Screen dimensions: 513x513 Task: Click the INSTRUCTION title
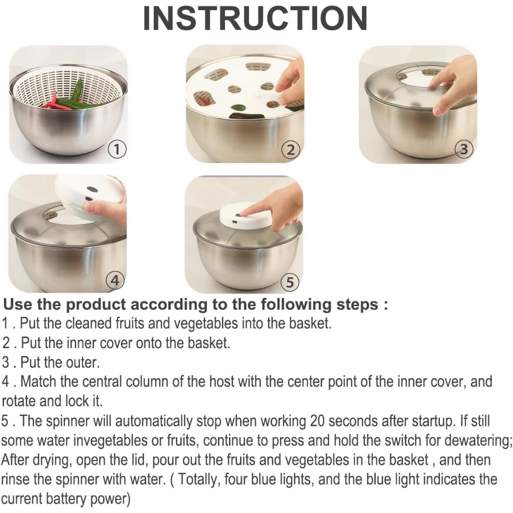(255, 18)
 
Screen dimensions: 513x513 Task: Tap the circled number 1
(117, 149)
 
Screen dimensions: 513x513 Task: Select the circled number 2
(291, 149)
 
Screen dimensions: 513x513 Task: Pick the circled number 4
(115, 281)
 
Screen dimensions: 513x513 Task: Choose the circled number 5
(290, 282)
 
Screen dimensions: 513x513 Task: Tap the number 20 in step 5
(317, 421)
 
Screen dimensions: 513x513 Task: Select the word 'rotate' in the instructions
(19, 401)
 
